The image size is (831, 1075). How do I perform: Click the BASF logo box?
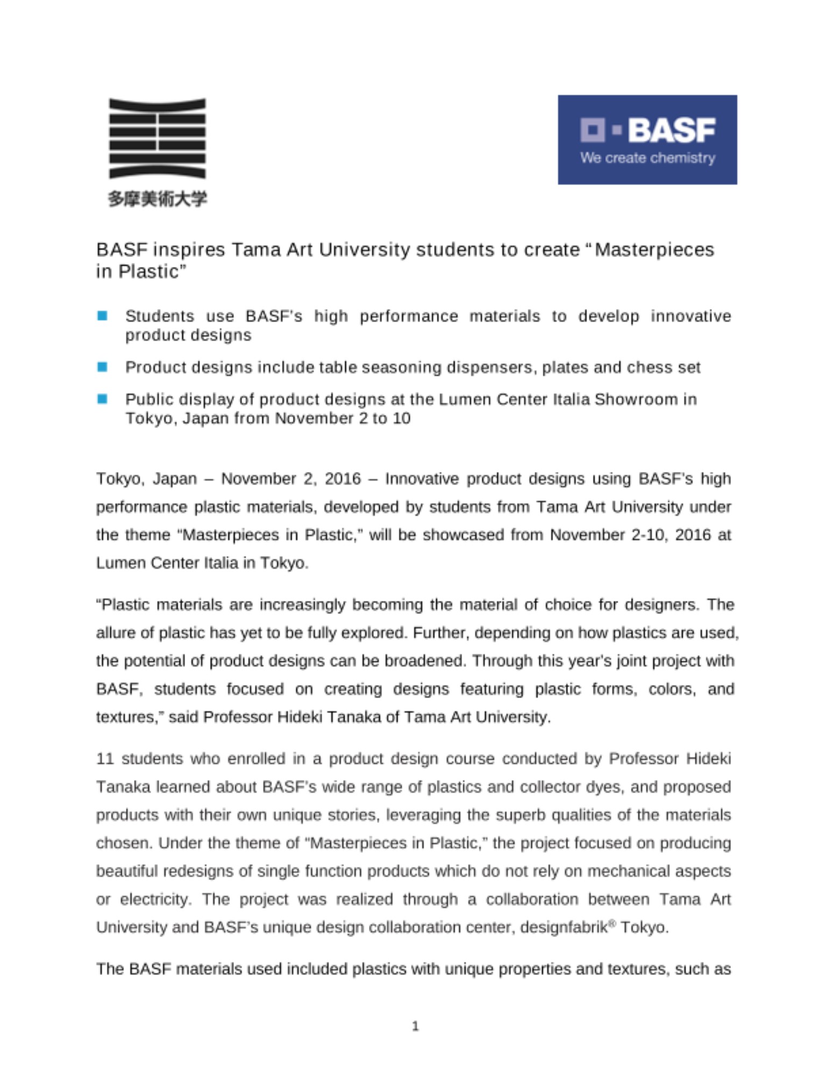point(647,140)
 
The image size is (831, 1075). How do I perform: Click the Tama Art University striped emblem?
point(157,138)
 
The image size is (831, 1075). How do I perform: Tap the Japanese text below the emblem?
point(157,199)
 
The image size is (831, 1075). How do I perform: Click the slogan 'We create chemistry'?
point(648,158)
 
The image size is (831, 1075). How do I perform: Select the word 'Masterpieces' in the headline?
point(655,250)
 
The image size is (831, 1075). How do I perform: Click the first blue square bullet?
point(102,316)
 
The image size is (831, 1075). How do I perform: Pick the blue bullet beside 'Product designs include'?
point(102,367)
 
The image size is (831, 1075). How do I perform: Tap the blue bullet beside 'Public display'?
point(102,399)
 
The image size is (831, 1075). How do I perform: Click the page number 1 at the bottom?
point(415,1026)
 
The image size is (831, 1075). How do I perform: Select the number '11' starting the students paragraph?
point(105,758)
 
